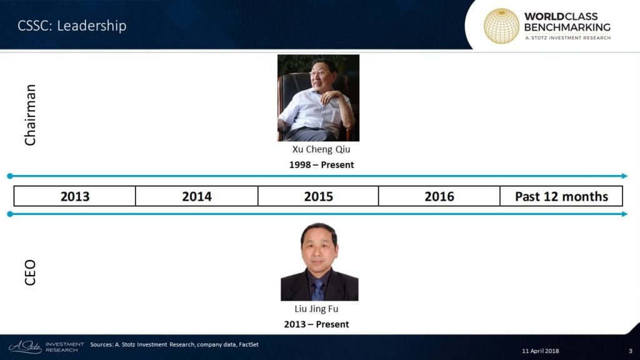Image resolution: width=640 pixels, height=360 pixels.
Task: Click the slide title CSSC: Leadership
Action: [72, 26]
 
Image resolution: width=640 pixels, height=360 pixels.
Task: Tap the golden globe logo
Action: [501, 26]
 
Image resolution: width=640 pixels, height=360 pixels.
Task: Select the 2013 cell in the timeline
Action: [75, 196]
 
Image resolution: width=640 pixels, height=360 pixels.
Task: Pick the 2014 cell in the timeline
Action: [197, 196]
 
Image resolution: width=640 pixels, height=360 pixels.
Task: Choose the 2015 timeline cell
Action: [318, 196]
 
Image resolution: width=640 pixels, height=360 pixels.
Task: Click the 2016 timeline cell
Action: [439, 196]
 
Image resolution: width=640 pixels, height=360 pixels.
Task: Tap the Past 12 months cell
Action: [561, 196]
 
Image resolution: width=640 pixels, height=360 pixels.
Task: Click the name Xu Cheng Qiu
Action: [321, 149]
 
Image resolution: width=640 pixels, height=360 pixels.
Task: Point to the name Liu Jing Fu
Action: [316, 309]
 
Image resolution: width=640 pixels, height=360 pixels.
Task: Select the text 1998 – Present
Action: [321, 165]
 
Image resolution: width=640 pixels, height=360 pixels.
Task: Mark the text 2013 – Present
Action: [316, 324]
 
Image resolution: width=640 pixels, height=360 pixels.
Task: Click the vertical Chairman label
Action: [30, 115]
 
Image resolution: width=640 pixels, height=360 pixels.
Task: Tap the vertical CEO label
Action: [30, 272]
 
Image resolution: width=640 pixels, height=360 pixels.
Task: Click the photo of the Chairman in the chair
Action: [318, 98]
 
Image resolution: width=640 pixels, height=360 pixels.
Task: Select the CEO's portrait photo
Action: [319, 262]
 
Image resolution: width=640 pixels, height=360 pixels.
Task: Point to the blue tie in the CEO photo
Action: [317, 290]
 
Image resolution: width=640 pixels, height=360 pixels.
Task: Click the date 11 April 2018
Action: [541, 351]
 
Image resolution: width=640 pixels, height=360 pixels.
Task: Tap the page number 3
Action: [631, 351]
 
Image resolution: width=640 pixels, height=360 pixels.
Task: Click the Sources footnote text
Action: [174, 344]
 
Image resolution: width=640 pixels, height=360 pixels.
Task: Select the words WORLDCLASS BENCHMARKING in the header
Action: [567, 22]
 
